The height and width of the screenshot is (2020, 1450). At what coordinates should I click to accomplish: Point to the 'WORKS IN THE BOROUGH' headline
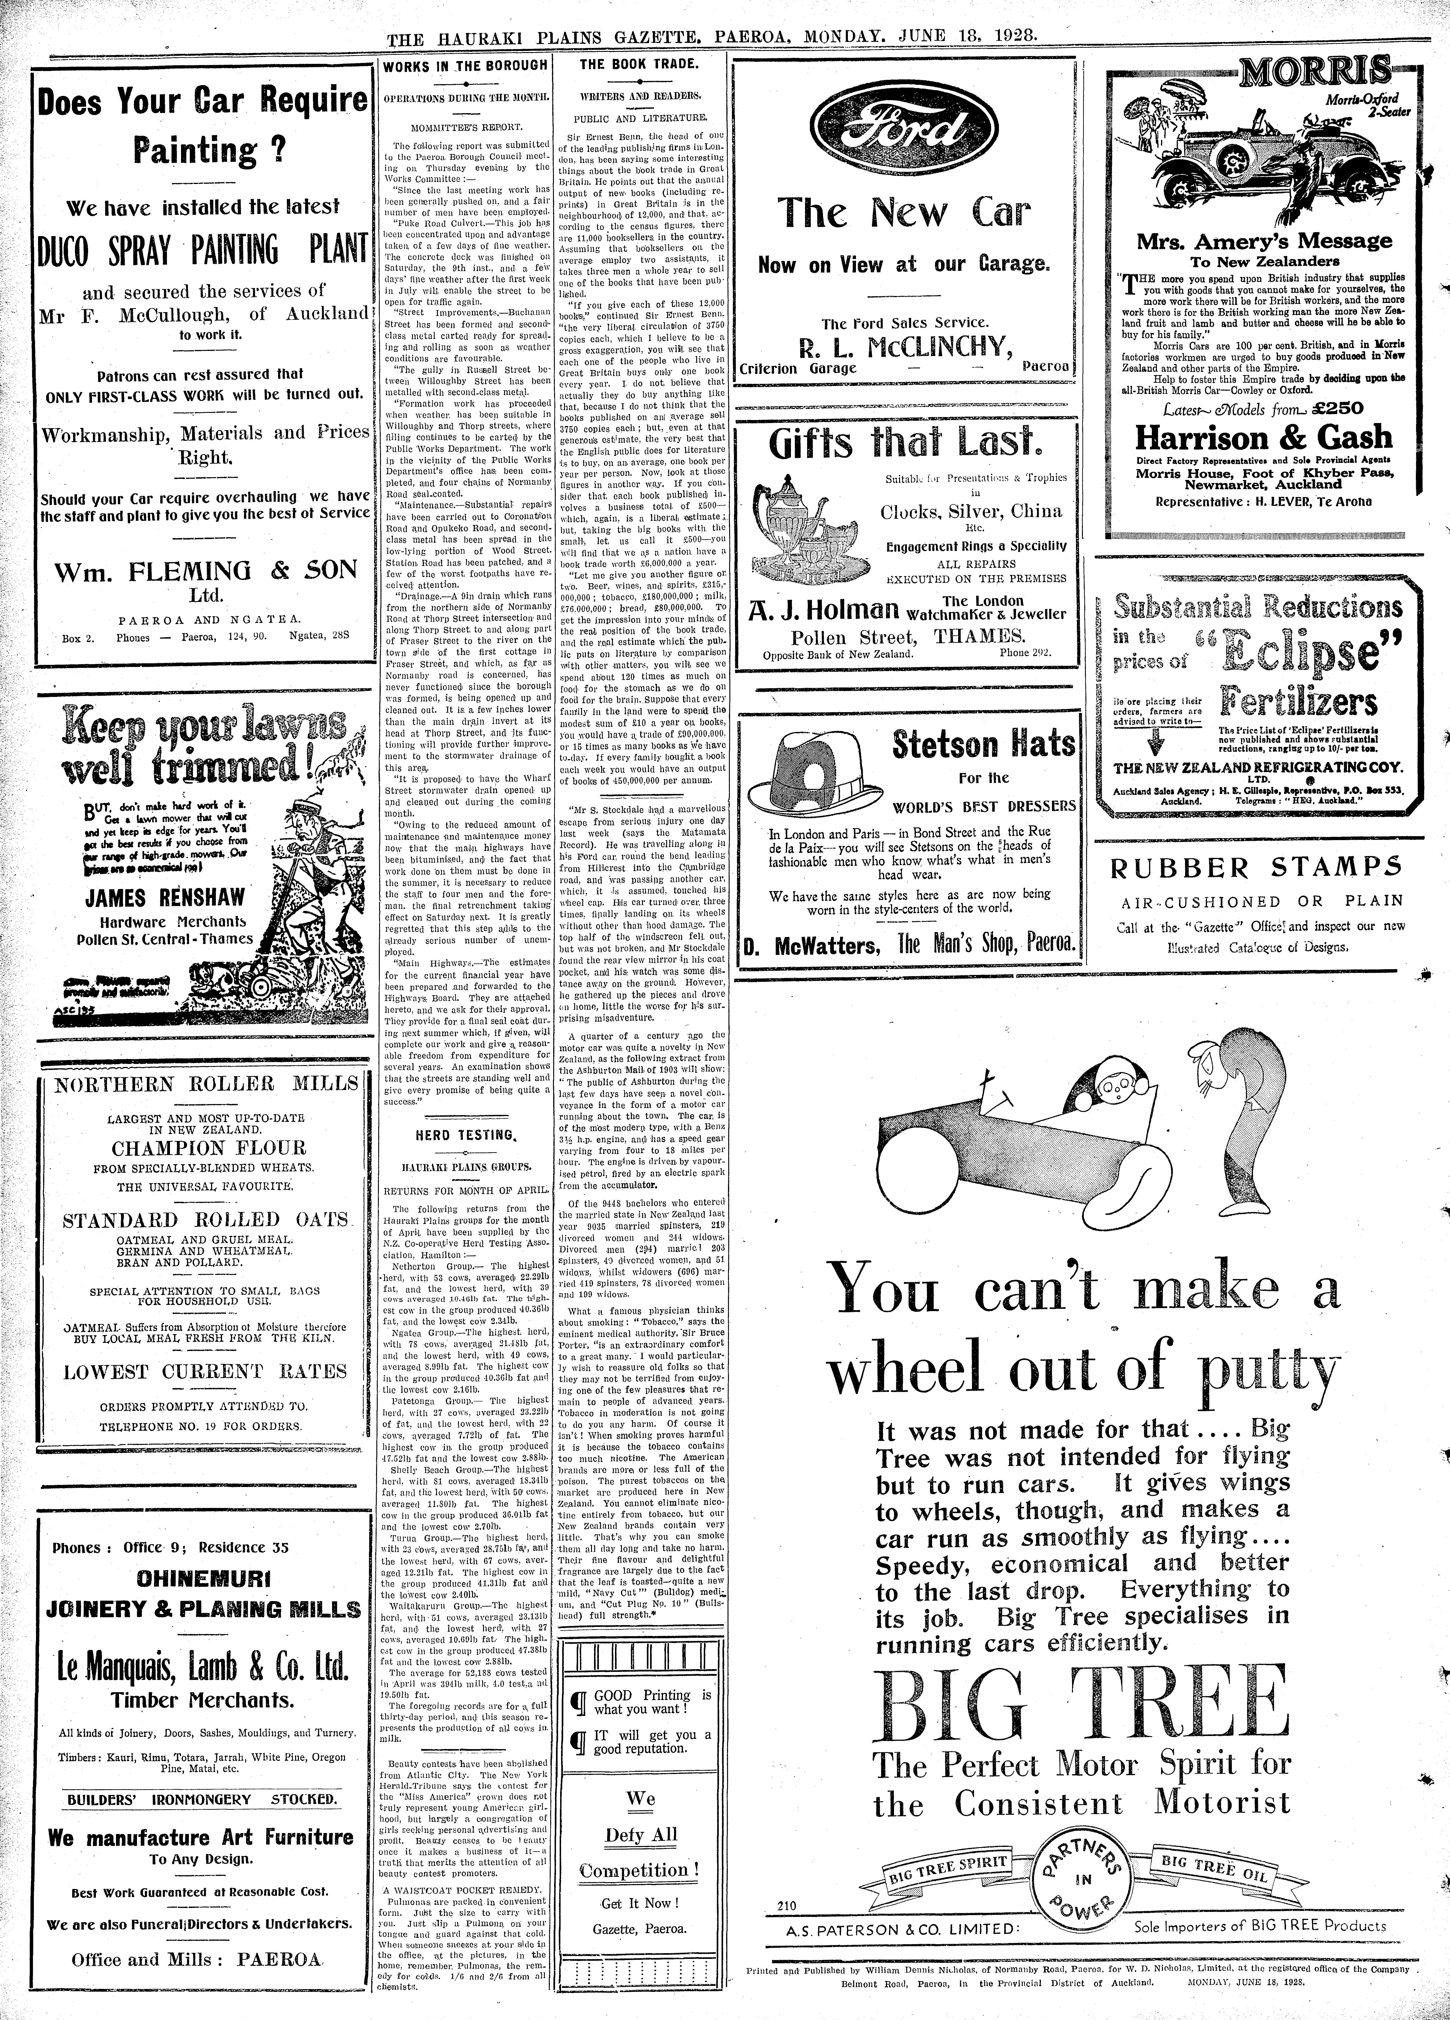pos(465,65)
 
